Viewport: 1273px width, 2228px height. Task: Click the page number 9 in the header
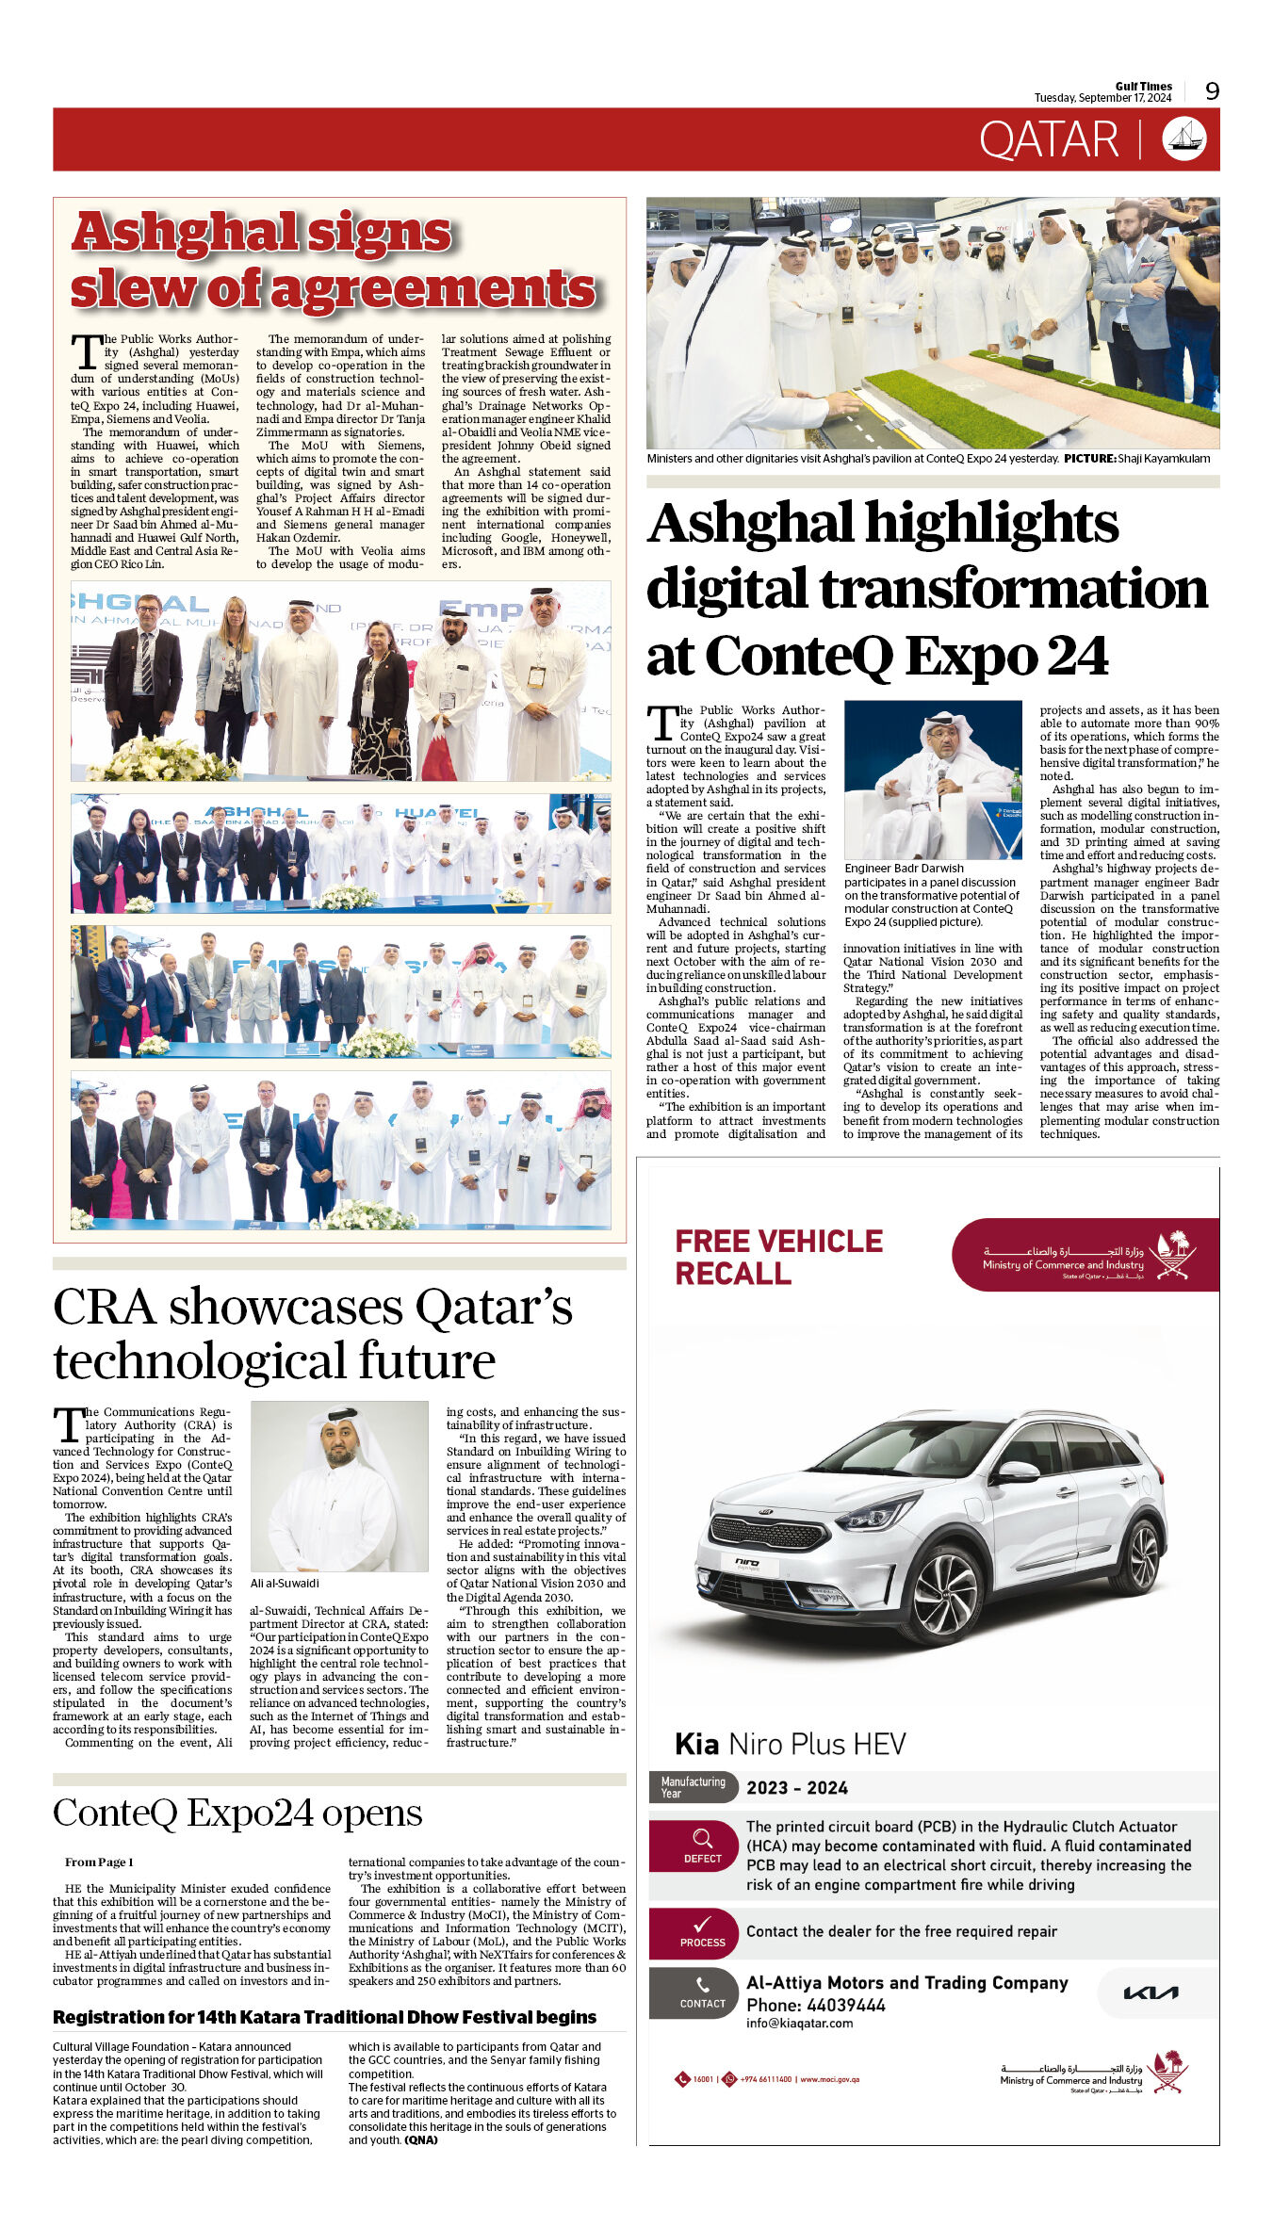1212,90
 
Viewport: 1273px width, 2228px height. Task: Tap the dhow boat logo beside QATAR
1183,138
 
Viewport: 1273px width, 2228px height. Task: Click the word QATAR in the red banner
1048,140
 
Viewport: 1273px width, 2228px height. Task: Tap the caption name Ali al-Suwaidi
285,1584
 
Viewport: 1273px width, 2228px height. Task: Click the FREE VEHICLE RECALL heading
778,1257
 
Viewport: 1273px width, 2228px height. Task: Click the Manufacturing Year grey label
693,1787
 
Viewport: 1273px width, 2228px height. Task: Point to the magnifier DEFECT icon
703,1839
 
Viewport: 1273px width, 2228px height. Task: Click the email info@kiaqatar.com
799,2023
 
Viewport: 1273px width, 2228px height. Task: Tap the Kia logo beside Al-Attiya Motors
1151,1992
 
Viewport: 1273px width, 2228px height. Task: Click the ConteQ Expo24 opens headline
237,1813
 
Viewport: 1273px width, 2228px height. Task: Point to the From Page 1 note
99,1862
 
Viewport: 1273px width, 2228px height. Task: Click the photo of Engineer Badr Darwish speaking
933,779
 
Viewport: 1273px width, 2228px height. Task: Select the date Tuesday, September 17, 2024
1102,98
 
